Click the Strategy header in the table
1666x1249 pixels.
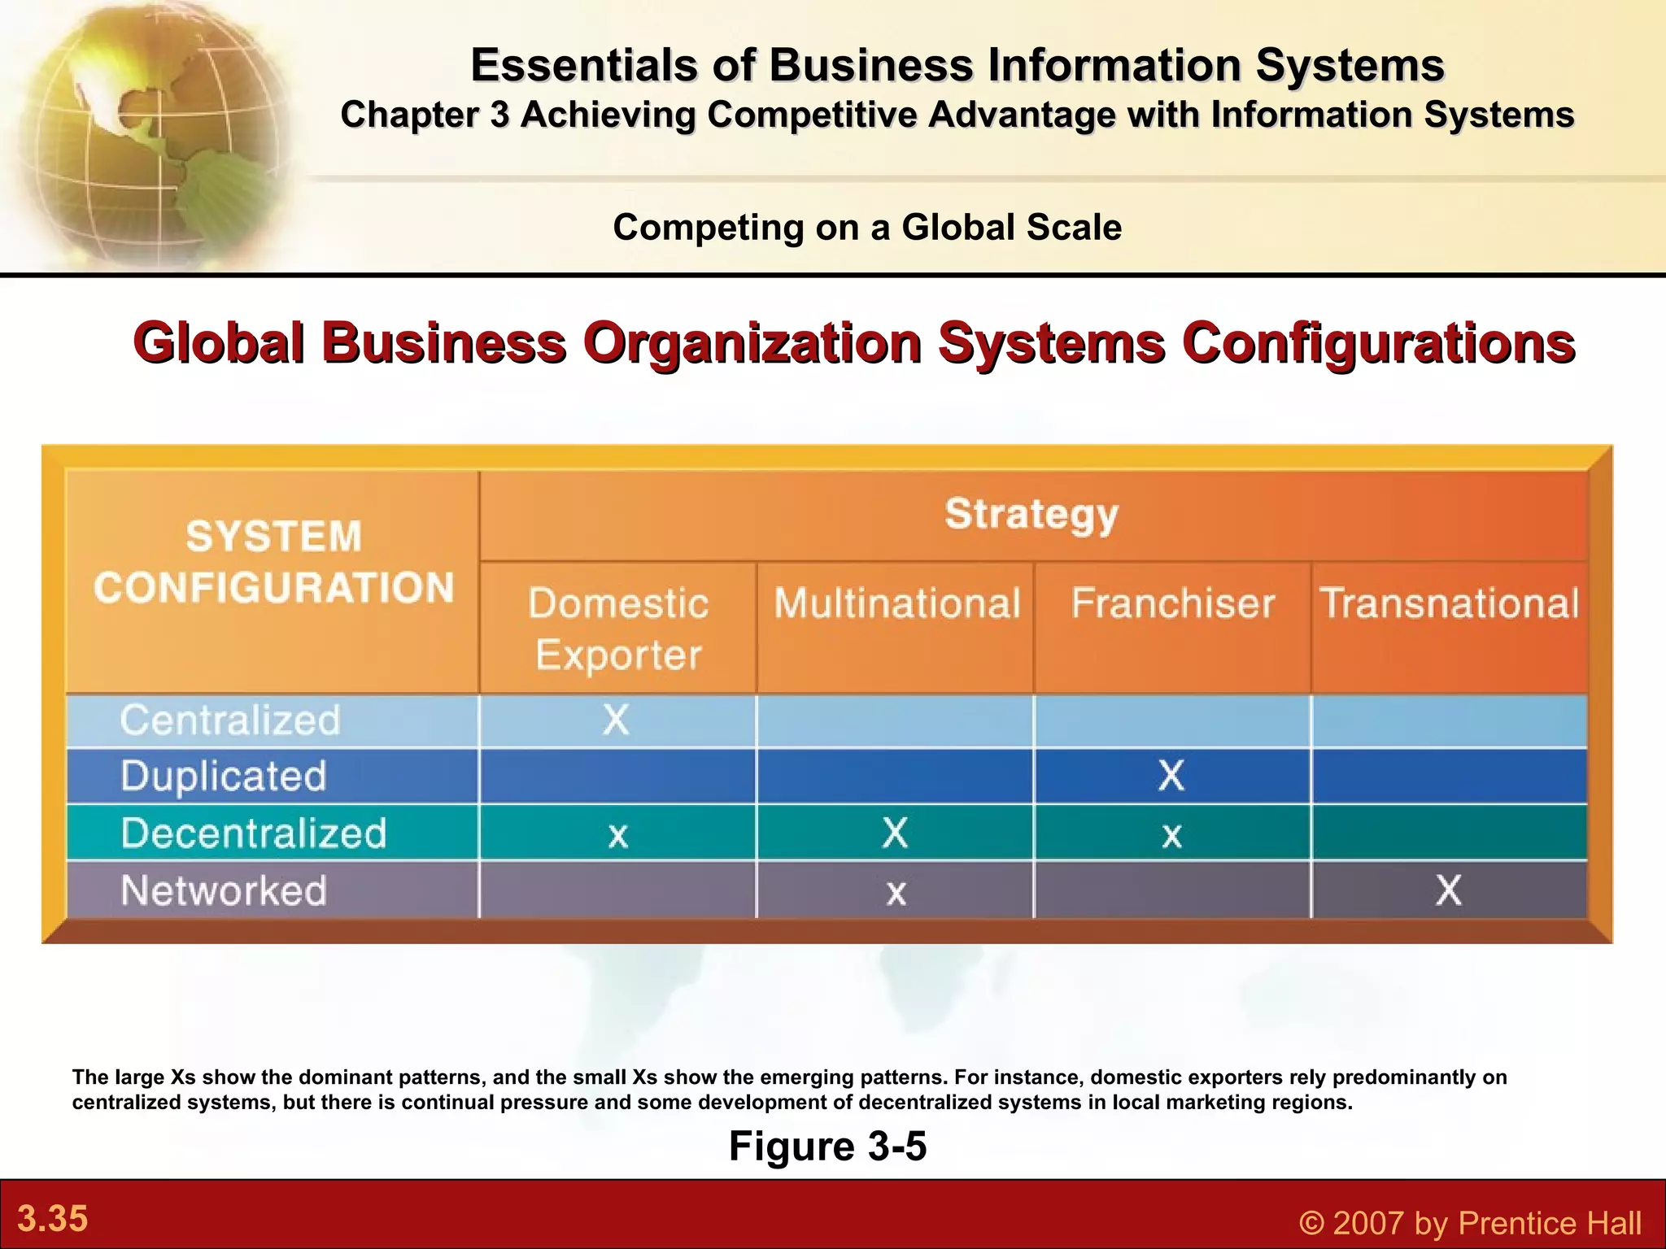coord(1031,515)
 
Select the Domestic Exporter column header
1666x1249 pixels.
coord(618,629)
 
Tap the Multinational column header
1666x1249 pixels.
coord(896,603)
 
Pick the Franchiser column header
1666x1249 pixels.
coord(1172,603)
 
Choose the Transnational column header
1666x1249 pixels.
coord(1449,603)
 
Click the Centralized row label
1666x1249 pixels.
coord(230,720)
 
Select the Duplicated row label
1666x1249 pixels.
coord(224,776)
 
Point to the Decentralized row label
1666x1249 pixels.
coord(254,833)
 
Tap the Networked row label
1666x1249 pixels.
coord(224,890)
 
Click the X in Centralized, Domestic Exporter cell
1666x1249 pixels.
coord(617,720)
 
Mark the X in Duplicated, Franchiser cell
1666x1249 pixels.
coord(1171,776)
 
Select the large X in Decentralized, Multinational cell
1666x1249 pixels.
coord(895,833)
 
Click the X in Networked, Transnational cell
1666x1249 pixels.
coord(1448,890)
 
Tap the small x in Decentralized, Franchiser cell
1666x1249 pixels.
coord(1171,836)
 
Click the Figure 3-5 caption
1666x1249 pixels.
coord(827,1147)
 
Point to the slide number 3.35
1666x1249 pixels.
coord(53,1219)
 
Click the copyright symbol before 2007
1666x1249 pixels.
coord(1311,1223)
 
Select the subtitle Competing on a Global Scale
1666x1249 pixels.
coord(867,227)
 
